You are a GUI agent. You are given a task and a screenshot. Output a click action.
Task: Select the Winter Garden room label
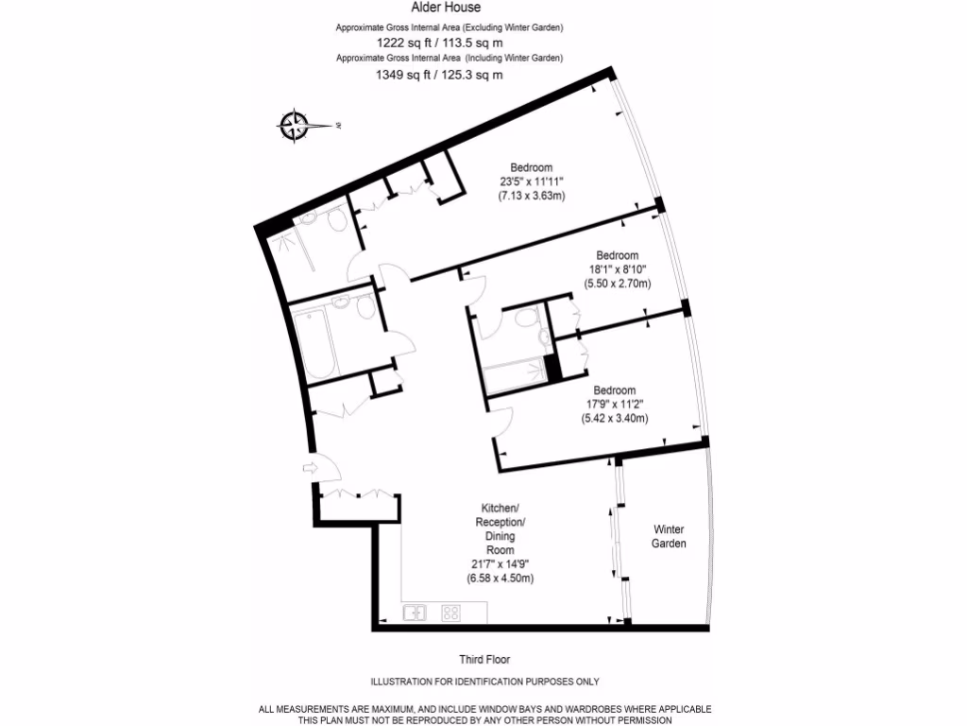tap(670, 536)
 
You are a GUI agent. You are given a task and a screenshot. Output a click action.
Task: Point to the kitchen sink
tap(416, 613)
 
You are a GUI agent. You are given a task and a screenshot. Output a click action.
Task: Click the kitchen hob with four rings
tap(450, 613)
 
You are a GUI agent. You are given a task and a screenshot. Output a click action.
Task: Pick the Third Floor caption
tap(484, 660)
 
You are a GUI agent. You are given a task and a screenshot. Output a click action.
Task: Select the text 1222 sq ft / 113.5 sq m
tap(440, 43)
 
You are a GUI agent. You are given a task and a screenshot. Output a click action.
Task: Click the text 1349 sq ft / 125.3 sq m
tap(440, 74)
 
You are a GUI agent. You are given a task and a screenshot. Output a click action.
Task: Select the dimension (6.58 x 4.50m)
tap(500, 578)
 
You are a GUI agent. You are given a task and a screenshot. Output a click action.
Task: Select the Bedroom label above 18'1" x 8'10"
tap(617, 255)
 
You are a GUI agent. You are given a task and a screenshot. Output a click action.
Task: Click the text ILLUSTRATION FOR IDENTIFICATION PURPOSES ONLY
tap(484, 682)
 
